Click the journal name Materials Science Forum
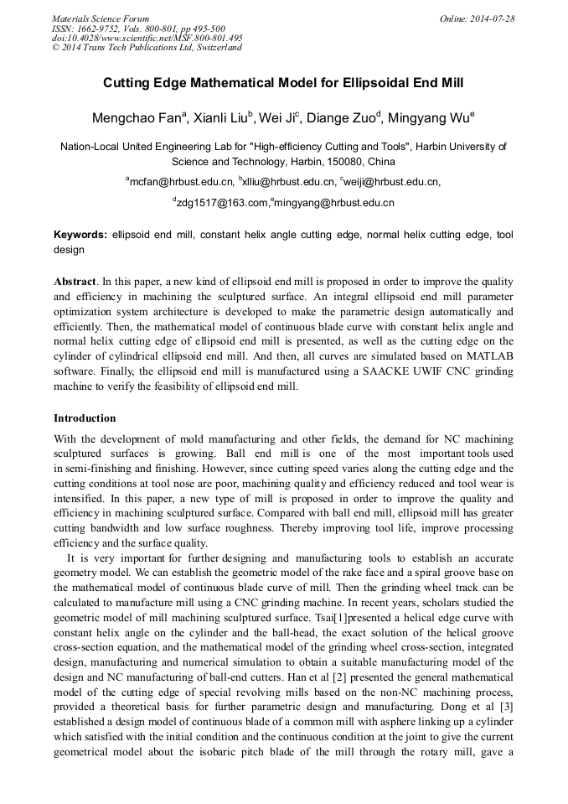[x=101, y=18]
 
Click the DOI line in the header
[x=147, y=39]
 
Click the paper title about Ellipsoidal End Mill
[x=283, y=84]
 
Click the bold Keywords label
[x=80, y=236]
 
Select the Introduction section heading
[x=85, y=418]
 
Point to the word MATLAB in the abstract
[x=487, y=357]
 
